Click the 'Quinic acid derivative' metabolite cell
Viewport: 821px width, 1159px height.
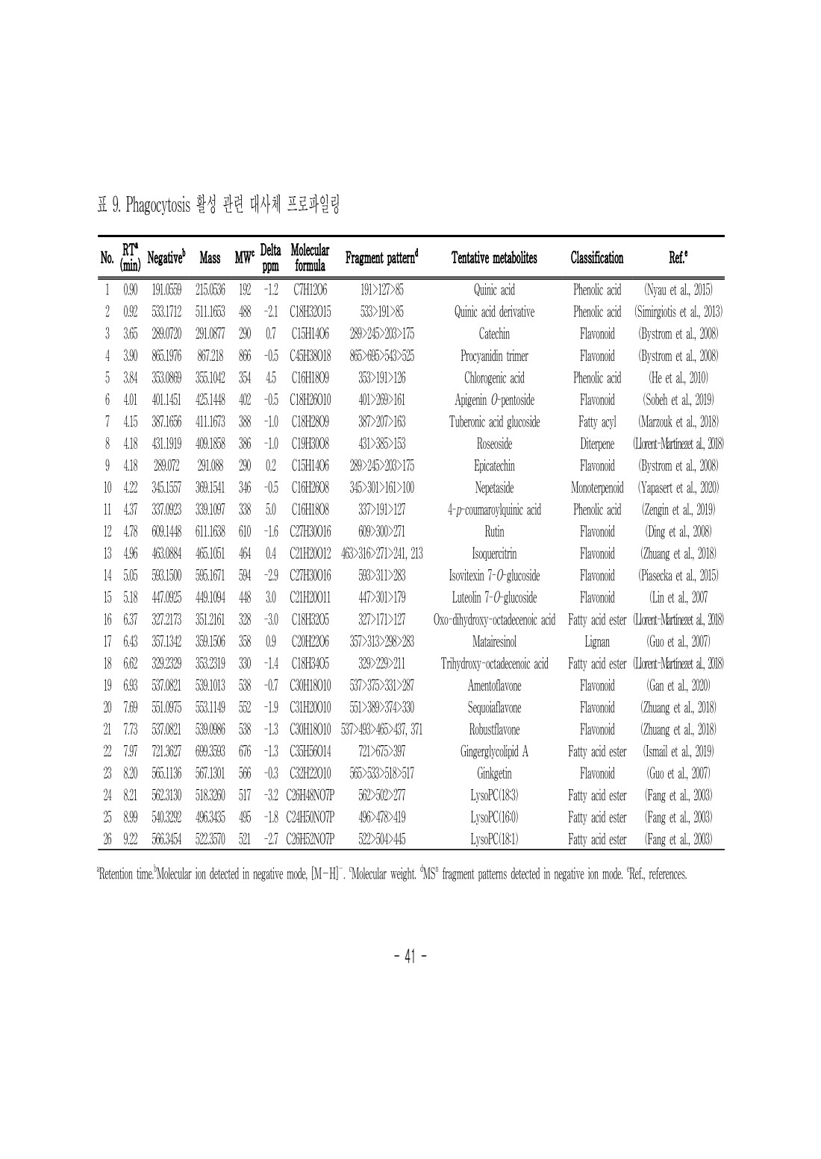pos(493,312)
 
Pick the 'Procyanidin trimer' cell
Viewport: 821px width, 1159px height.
pos(493,356)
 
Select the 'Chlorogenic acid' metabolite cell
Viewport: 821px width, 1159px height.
pos(493,378)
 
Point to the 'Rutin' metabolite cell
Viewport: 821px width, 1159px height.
pos(493,532)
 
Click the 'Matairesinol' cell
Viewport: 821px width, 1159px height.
pos(493,641)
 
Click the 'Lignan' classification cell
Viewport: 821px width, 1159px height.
pos(596,641)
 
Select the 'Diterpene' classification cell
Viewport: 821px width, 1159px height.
pos(596,444)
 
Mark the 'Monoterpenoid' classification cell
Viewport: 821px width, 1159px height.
pos(596,488)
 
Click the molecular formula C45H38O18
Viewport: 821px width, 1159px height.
pos(309,356)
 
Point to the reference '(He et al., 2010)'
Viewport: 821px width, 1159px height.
pos(678,378)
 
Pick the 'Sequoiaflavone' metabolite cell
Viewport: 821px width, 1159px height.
pos(493,708)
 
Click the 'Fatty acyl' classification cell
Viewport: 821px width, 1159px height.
pos(596,422)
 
